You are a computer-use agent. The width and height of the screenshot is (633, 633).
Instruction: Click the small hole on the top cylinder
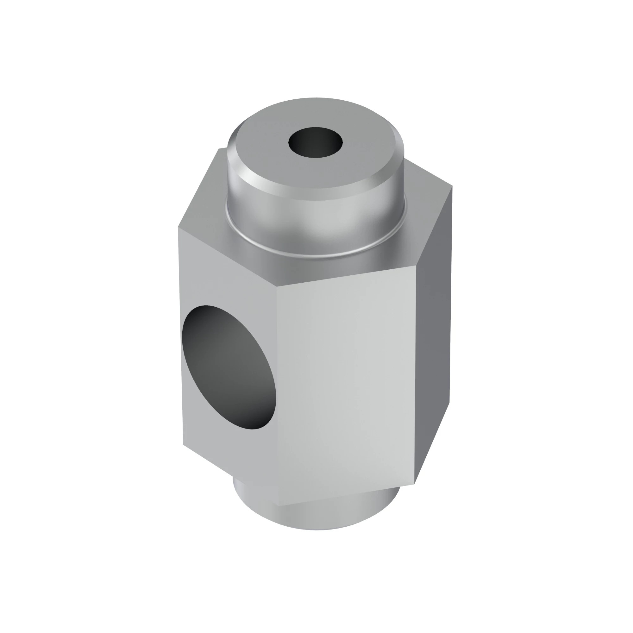click(x=315, y=142)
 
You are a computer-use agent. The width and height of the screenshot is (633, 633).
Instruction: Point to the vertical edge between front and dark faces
click(x=416, y=377)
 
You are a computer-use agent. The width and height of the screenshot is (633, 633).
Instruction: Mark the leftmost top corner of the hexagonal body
click(x=179, y=227)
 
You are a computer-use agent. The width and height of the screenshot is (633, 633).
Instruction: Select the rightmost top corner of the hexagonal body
click(x=453, y=186)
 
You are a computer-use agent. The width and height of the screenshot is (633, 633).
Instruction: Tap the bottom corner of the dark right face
click(x=415, y=483)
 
